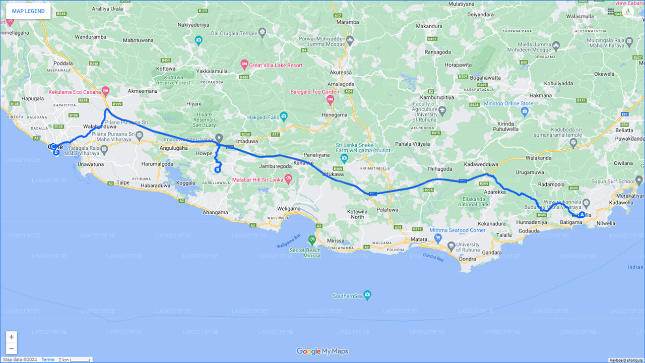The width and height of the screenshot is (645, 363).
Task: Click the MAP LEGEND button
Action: (28, 11)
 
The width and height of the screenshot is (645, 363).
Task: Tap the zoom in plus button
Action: (11, 337)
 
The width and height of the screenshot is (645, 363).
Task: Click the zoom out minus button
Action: (11, 348)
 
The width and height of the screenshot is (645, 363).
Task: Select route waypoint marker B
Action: (218, 169)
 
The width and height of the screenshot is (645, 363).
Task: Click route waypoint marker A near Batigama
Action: (582, 214)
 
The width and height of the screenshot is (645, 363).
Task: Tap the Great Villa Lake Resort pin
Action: (244, 65)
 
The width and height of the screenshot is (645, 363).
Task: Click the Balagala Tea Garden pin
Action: (330, 100)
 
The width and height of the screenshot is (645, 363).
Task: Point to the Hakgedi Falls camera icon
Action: (284, 117)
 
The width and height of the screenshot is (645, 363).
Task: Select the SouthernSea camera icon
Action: (367, 295)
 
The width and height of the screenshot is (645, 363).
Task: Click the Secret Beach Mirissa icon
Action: (312, 239)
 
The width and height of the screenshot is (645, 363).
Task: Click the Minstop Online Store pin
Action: (525, 112)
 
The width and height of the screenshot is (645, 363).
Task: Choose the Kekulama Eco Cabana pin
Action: (105, 92)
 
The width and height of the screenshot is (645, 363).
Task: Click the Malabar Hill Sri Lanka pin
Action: (288, 179)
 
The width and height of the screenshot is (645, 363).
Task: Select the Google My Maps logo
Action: (322, 351)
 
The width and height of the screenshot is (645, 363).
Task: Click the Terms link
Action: (48, 359)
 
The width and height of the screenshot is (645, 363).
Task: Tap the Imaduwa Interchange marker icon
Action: (219, 138)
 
